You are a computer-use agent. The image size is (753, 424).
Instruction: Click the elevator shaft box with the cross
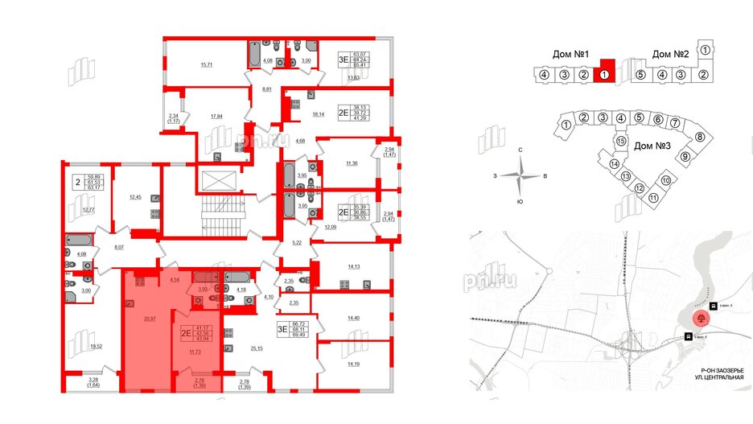220,179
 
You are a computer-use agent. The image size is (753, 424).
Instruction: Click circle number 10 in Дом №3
665,180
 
